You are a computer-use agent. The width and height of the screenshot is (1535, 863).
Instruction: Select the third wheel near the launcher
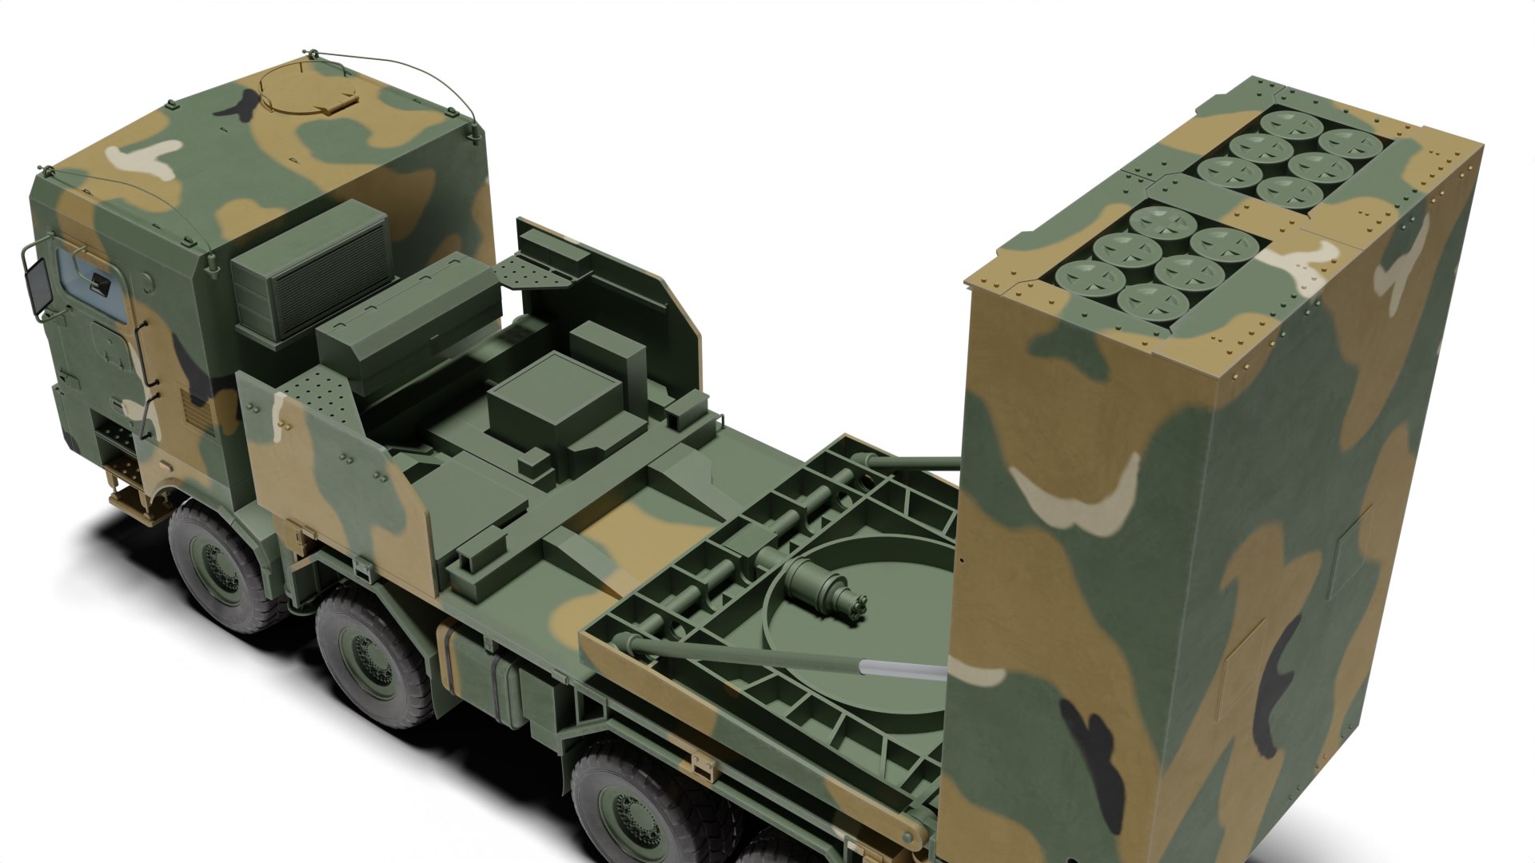(x=640, y=807)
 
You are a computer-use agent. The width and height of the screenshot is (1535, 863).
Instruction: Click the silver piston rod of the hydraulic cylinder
(x=903, y=668)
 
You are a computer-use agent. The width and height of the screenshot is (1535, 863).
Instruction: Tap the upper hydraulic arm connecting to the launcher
(x=911, y=463)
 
